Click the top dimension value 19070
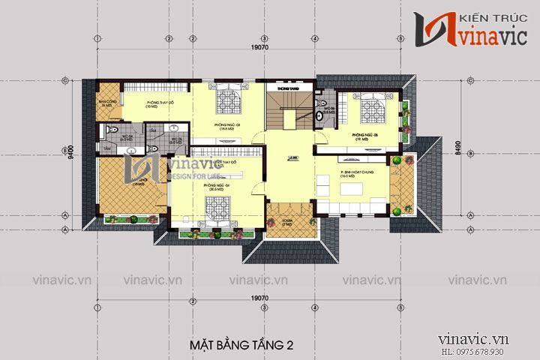260,46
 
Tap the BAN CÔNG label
106,102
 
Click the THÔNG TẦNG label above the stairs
287,88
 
